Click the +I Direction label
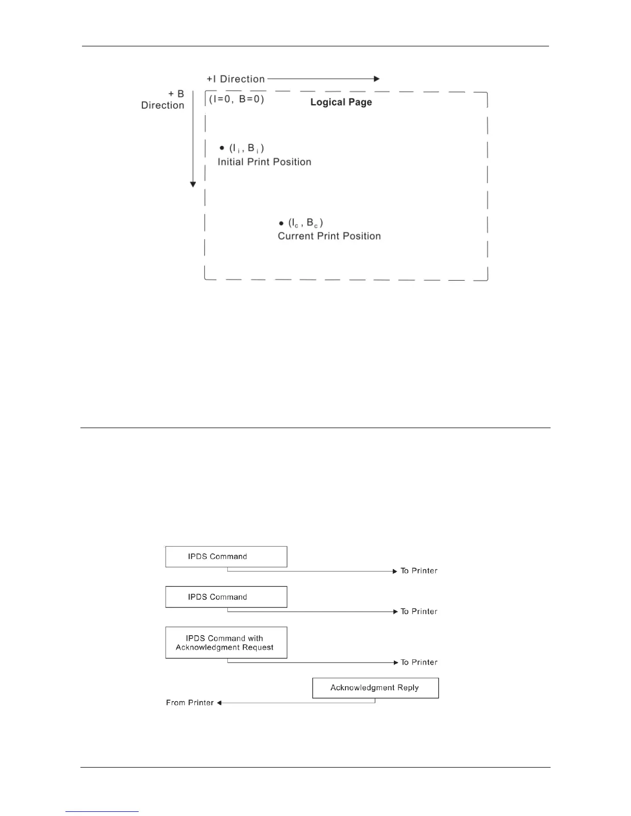pos(236,79)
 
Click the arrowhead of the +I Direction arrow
pos(377,79)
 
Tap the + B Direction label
pos(163,99)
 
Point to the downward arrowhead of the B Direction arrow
pos(193,184)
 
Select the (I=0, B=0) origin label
pos(237,99)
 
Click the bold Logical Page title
pos(341,102)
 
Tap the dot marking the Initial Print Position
pos(222,148)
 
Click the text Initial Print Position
pos(264,162)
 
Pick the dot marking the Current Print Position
pos(281,224)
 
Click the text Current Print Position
pos(329,236)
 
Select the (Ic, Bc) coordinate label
pos(306,223)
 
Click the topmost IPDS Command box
pos(226,557)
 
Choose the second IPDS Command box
pos(226,597)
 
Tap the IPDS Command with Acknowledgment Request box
pos(226,642)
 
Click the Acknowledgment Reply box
pos(375,688)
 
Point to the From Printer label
pos(190,703)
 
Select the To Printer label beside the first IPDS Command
pos(419,571)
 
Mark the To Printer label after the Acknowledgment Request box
pos(419,662)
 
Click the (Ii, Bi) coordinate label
pos(247,148)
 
